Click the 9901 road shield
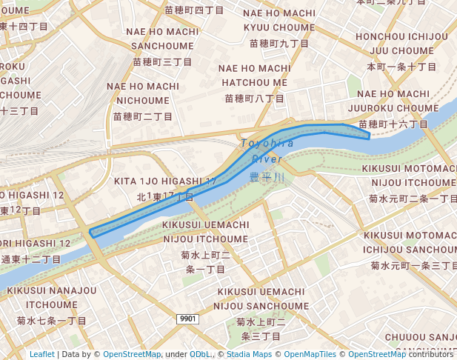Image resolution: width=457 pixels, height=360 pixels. click(x=188, y=319)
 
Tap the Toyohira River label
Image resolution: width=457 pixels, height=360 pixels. click(x=267, y=150)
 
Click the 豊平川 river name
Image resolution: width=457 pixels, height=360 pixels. click(x=267, y=177)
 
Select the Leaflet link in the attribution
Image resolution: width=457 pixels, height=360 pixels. click(x=41, y=354)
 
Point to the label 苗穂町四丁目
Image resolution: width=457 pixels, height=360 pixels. click(x=193, y=10)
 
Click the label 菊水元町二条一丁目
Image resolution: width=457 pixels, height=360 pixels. click(x=413, y=199)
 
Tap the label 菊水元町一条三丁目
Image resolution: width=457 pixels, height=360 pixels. click(x=413, y=265)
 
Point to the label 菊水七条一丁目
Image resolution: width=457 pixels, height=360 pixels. click(x=52, y=321)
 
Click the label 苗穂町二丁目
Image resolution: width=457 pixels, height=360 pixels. click(x=143, y=116)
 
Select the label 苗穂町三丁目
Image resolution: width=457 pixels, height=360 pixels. click(x=162, y=61)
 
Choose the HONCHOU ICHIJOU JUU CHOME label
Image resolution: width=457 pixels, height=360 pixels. click(x=401, y=44)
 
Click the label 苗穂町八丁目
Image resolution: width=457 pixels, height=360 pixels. click(x=254, y=98)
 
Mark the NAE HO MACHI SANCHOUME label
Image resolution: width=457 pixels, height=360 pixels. click(x=162, y=39)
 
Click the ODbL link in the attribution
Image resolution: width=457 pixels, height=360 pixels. click(x=201, y=354)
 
